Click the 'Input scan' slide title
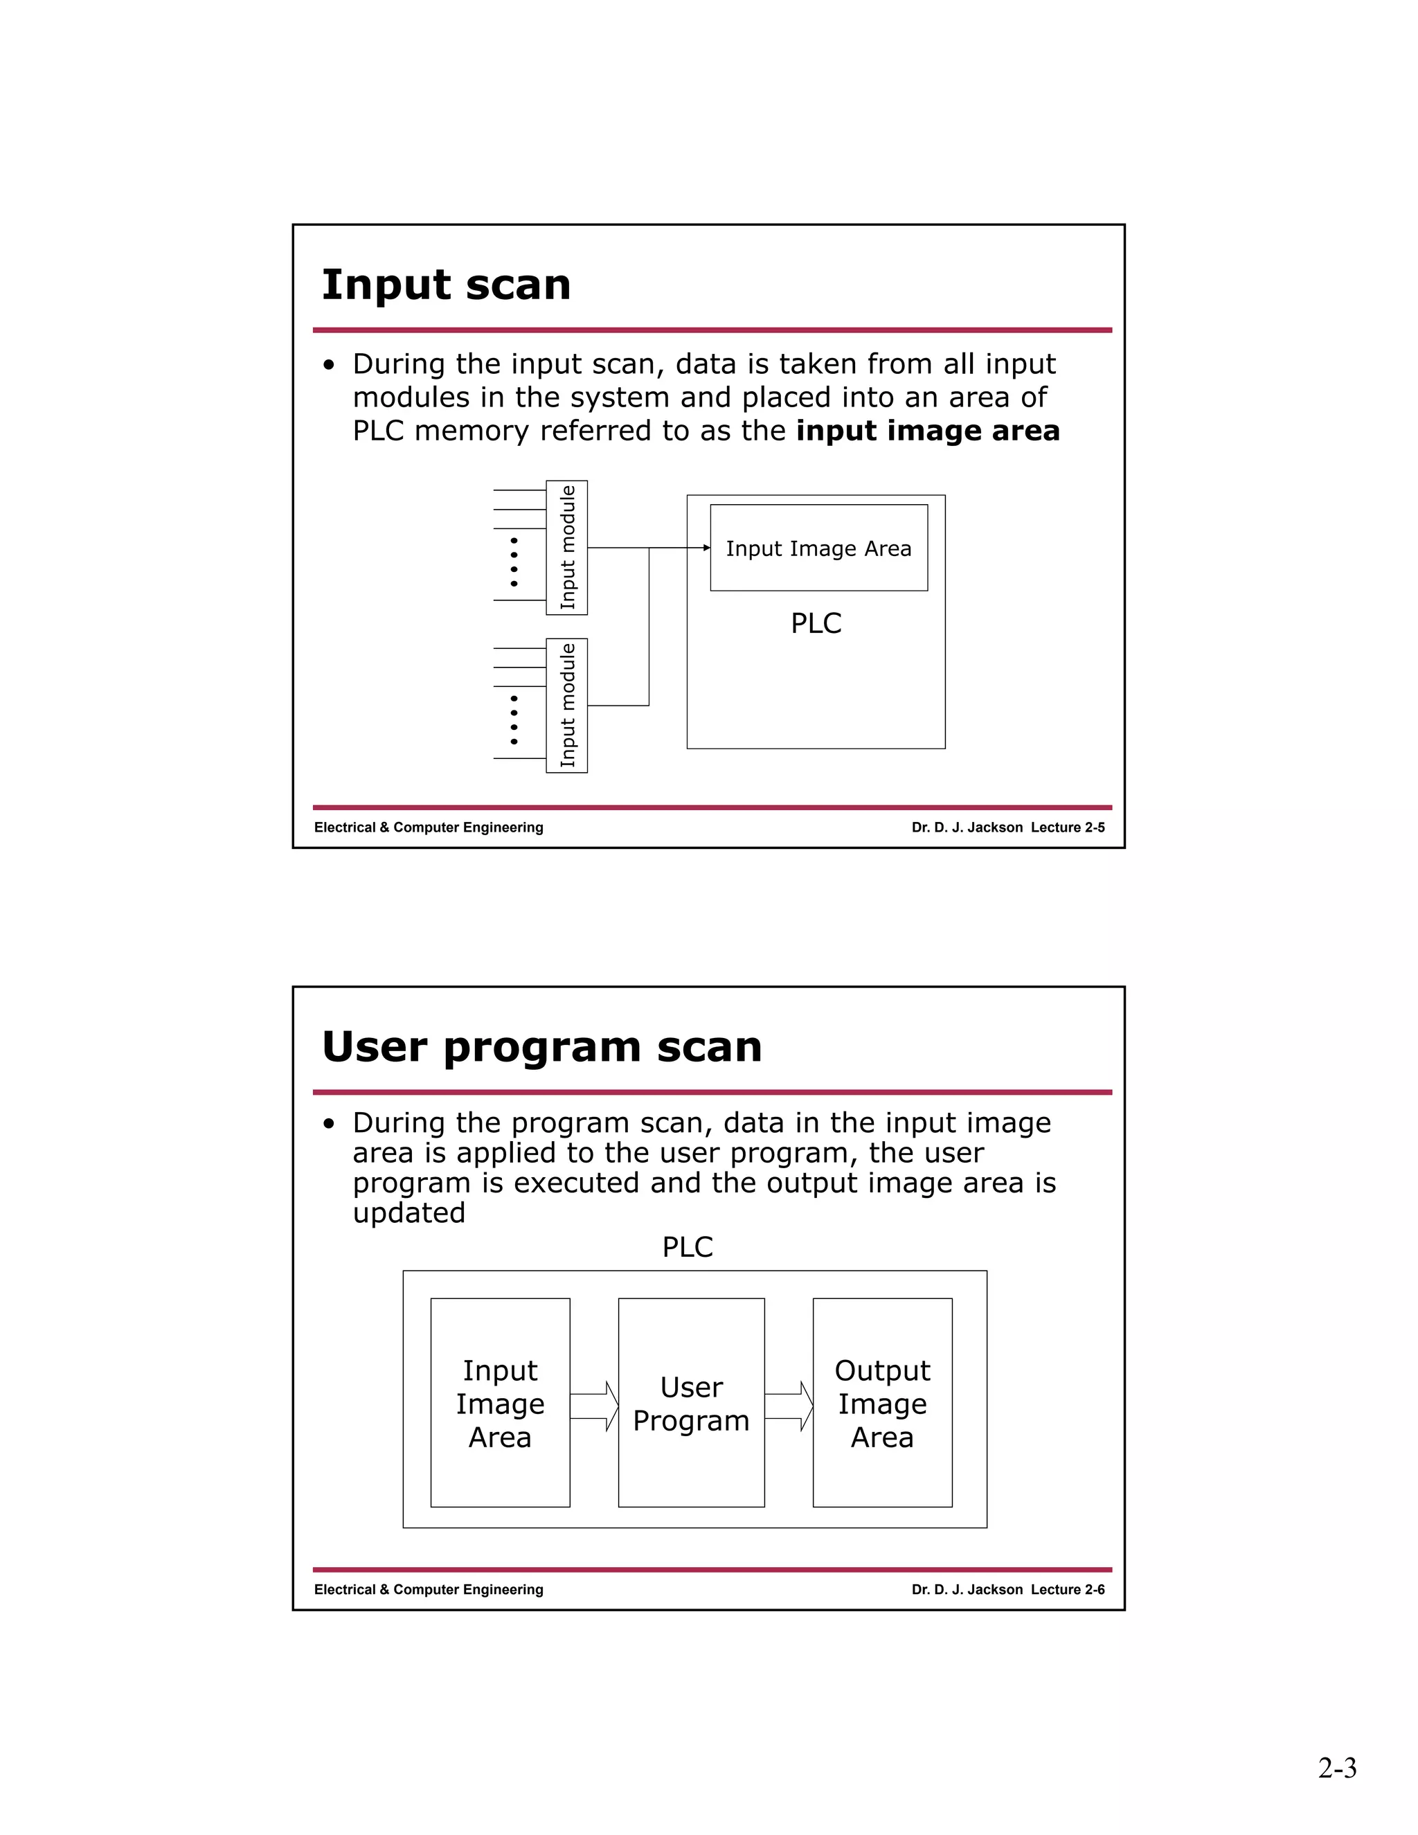click(x=446, y=285)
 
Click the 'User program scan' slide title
click(x=542, y=1047)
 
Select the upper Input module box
click(x=567, y=548)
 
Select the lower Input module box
click(x=567, y=706)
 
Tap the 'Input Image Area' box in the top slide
click(x=818, y=548)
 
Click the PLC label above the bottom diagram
click(x=687, y=1248)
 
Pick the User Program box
click(x=692, y=1403)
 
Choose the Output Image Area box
click(x=882, y=1403)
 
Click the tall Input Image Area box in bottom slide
click(x=500, y=1403)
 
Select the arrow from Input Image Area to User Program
click(x=595, y=1406)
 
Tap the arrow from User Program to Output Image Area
click(x=789, y=1406)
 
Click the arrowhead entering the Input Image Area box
click(x=706, y=548)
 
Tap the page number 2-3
click(x=1338, y=1768)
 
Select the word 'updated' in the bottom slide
click(x=409, y=1213)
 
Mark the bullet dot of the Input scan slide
click(x=330, y=366)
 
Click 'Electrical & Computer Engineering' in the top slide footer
click(x=429, y=827)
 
